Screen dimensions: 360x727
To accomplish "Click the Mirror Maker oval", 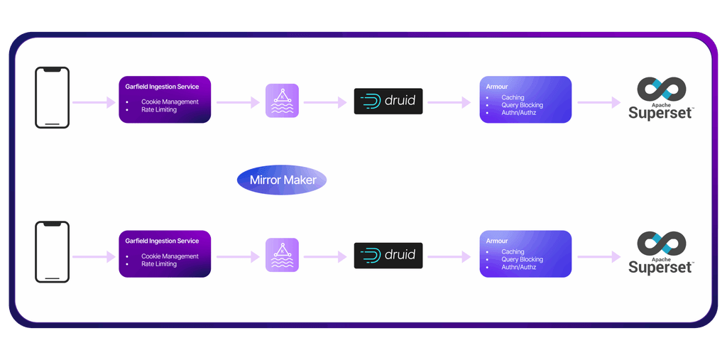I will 281,180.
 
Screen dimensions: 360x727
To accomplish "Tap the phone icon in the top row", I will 53,98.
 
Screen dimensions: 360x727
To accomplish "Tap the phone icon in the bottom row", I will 53,252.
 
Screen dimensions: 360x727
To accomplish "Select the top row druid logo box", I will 388,102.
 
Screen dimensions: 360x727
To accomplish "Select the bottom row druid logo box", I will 388,256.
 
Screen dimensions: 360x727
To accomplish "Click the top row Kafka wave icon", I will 282,101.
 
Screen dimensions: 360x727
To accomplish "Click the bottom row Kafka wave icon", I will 282,255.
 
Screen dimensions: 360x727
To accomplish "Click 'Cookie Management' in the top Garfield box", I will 170,102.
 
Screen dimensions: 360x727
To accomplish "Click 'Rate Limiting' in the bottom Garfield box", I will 159,264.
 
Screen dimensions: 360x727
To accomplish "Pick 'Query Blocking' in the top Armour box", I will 522,105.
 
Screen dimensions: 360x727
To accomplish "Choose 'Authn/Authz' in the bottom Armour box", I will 519,267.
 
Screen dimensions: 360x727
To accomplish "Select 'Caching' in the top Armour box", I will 513,97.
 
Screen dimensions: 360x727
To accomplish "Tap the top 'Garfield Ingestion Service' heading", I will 162,87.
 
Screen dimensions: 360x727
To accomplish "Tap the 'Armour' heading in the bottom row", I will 497,241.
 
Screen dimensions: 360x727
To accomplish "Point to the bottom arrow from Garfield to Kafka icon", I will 238,256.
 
